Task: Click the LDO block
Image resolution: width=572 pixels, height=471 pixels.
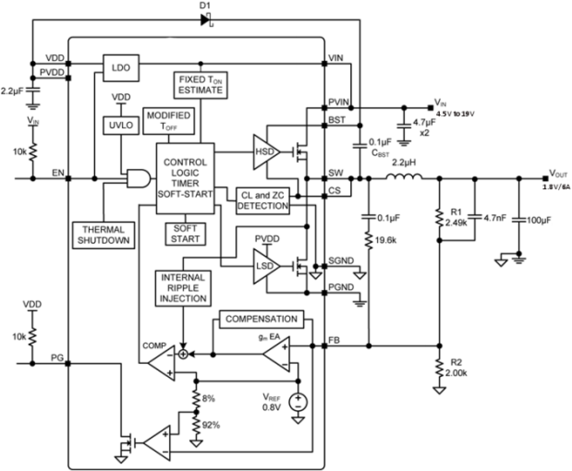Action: pos(121,68)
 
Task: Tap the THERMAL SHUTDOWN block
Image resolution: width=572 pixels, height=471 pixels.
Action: pos(103,235)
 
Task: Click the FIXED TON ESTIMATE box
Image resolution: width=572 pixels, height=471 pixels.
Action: pos(200,85)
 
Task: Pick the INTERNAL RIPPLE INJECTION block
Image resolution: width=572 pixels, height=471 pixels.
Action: pos(183,288)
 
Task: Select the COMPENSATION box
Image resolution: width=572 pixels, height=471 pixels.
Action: pos(261,319)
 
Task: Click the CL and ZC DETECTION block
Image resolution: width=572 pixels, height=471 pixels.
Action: pos(263,201)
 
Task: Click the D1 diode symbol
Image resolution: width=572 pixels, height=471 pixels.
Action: pos(206,20)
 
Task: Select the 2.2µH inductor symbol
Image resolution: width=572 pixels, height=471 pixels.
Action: pos(404,178)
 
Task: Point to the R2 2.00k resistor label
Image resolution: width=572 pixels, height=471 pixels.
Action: pos(456,368)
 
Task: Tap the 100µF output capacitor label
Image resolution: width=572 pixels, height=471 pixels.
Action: pos(539,220)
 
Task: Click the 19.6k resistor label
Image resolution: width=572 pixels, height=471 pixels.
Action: pos(385,240)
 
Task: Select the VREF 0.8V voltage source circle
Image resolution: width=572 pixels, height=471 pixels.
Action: pos(298,401)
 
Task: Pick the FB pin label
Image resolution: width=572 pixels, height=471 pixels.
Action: pos(334,340)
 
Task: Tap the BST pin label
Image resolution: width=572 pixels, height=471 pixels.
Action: pos(337,120)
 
